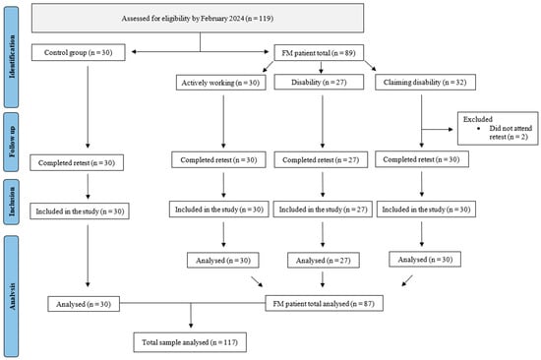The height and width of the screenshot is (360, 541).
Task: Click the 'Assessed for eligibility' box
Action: (x=198, y=18)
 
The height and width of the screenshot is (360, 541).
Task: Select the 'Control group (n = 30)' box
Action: (x=79, y=52)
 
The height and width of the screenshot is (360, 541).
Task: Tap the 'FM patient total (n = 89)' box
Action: (x=319, y=53)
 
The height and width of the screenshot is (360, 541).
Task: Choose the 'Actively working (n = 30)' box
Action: (x=220, y=83)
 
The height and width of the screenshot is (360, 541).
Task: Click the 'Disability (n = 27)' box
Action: (x=319, y=83)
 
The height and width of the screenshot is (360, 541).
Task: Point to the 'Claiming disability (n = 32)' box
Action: (x=425, y=83)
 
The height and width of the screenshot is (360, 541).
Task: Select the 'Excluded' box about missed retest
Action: (x=498, y=128)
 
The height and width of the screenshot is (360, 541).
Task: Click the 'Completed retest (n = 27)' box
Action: (x=321, y=159)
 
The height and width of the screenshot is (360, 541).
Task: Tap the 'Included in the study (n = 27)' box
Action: (x=323, y=210)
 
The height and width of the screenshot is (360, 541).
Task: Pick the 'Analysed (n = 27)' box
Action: (x=324, y=261)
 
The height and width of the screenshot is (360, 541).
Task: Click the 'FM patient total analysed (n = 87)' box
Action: (x=324, y=303)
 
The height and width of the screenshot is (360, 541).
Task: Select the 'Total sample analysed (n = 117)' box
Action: (x=190, y=342)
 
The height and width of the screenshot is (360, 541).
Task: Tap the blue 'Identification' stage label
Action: (x=12, y=57)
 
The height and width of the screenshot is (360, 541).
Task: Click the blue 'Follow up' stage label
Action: (x=12, y=142)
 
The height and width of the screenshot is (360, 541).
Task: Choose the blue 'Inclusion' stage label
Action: (x=12, y=202)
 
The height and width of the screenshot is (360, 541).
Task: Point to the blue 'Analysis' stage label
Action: (x=12, y=297)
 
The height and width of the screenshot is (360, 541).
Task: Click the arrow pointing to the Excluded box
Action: (x=437, y=130)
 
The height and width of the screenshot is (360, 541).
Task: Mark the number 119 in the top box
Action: (x=266, y=19)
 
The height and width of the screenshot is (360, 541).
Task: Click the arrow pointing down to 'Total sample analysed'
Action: (x=191, y=316)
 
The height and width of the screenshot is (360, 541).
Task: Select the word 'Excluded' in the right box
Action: (x=477, y=119)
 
